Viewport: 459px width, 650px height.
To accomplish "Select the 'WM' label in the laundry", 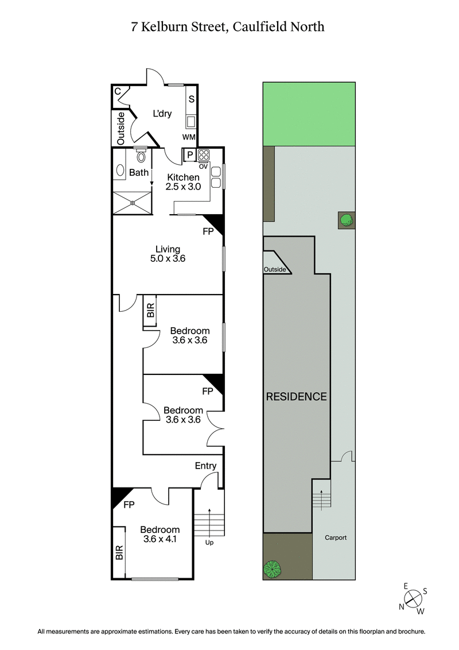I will [189, 137].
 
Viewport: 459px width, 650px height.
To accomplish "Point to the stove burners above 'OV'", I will [204, 154].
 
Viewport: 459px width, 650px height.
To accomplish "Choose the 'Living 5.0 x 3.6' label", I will [168, 254].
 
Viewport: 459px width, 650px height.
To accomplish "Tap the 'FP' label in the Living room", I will [208, 232].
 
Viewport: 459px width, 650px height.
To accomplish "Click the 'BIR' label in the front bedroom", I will [119, 553].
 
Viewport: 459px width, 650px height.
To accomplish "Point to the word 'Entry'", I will [205, 466].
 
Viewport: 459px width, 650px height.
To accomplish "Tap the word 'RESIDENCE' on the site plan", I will [296, 396].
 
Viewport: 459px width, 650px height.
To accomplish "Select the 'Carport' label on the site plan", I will [334, 538].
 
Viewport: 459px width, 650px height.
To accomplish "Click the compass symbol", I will [413, 599].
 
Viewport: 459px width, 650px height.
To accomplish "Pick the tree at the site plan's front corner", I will [272, 569].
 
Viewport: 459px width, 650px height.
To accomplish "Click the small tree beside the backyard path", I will [346, 219].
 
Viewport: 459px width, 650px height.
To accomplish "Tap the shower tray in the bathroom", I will [133, 203].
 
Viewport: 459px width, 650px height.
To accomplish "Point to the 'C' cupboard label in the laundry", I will [117, 91].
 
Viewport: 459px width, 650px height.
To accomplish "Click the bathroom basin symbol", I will [120, 171].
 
